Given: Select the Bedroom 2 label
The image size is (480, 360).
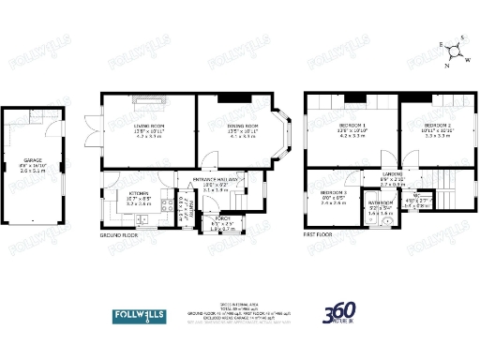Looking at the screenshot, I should tap(437, 124).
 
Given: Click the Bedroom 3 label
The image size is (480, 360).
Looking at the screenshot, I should tap(333, 192).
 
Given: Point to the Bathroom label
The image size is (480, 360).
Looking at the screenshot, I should tap(380, 202).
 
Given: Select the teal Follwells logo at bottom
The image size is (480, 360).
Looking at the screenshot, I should tap(138, 314).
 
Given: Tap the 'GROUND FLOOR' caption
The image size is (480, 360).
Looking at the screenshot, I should tap(119, 236).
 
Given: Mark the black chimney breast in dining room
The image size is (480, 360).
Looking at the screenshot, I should tap(231, 97).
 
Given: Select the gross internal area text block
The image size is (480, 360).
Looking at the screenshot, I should tap(237, 314).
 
